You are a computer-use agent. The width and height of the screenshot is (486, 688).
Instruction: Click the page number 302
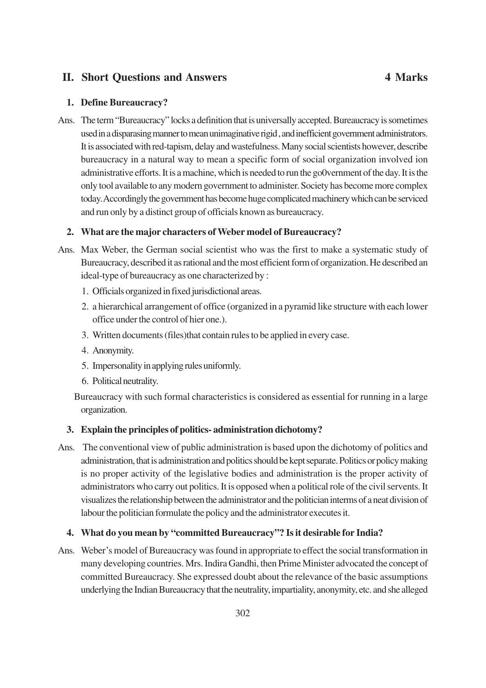coord(242,613)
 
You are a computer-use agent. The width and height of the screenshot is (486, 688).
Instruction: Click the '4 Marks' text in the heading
coord(406,77)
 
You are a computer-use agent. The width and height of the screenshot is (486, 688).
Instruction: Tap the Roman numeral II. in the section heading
coord(68,77)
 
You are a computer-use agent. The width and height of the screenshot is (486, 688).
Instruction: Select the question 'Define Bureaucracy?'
coord(124,103)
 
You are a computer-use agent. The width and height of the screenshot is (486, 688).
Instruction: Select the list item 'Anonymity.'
coord(113,350)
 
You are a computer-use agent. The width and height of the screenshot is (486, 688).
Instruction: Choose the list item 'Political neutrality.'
coord(125,381)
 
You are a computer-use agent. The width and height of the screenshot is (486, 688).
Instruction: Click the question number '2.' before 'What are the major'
coord(70,232)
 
